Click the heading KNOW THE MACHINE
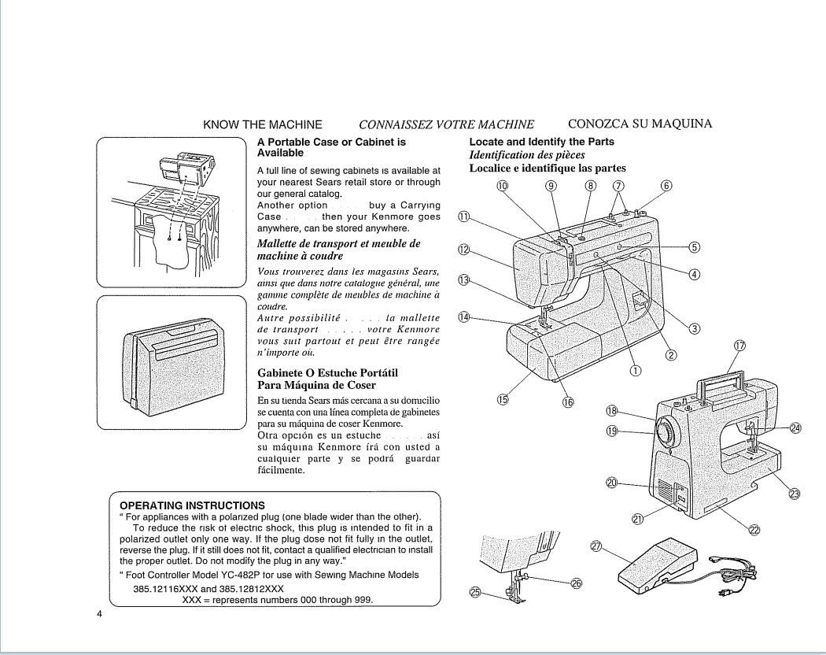(x=263, y=124)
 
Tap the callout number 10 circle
(x=503, y=187)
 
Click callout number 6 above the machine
(x=667, y=187)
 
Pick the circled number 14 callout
(x=465, y=316)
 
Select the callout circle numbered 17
(x=739, y=346)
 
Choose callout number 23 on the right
(x=794, y=494)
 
